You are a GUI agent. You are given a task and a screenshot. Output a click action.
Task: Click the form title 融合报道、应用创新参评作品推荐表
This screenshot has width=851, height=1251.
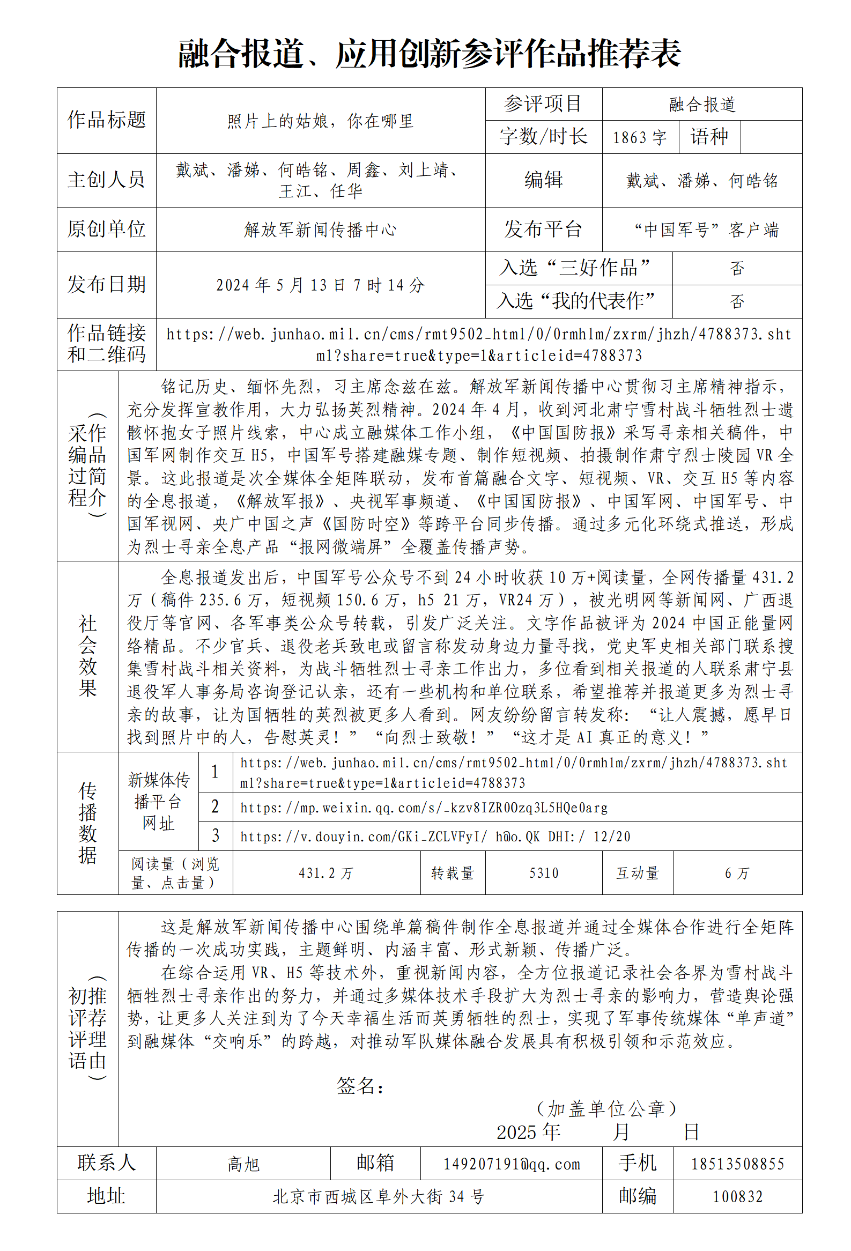coord(429,54)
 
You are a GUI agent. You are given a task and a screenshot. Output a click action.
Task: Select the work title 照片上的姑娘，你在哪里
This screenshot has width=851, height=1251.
coord(320,121)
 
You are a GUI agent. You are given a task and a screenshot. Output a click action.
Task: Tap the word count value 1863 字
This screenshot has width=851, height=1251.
coord(639,137)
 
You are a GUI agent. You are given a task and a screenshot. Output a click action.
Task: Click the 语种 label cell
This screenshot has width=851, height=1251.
coord(709,137)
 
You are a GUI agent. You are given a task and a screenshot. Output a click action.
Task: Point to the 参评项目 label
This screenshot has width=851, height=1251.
coord(543,104)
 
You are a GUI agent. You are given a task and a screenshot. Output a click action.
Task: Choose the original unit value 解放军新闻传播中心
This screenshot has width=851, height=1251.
coord(320,230)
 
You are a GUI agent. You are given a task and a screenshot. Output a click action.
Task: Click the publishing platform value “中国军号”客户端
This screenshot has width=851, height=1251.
coord(706,230)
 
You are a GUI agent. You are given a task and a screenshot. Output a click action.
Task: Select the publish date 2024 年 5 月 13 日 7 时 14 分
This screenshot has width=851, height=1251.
coord(320,285)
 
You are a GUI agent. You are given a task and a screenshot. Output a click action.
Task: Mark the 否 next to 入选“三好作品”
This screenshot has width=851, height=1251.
coord(736,268)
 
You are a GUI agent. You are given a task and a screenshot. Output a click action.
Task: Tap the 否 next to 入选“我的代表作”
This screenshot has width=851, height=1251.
coord(736,301)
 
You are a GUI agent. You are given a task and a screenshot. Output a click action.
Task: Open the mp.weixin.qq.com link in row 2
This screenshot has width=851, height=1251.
coord(424,808)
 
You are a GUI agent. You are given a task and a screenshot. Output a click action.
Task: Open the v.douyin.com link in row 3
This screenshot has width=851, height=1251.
coord(434,837)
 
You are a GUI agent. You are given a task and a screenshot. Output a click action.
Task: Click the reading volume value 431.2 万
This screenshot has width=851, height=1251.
coord(325,873)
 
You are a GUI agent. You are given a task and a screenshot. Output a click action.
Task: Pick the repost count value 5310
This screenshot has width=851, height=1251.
coord(544,873)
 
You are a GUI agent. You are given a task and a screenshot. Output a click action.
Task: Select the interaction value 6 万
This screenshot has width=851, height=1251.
coord(736,873)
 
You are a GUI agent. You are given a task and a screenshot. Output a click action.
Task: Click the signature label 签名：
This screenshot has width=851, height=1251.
coord(360,1086)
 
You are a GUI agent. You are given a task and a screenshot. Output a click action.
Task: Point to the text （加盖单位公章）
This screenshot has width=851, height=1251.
coord(605,1109)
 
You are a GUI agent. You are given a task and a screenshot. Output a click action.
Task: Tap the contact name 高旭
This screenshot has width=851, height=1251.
coord(243,1164)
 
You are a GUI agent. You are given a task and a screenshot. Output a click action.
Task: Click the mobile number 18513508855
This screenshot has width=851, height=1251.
coord(737,1164)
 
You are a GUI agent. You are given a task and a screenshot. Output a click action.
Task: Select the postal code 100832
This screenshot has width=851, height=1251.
coord(737,1197)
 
